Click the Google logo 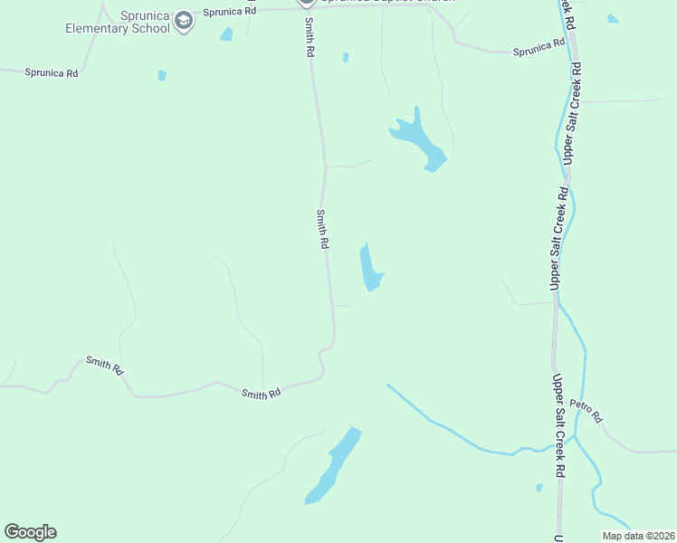pyautogui.click(x=30, y=532)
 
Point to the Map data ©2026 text pyautogui.click(x=637, y=536)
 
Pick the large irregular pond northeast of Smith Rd pyautogui.click(x=419, y=140)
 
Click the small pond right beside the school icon pyautogui.click(x=226, y=34)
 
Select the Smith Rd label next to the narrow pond pyautogui.click(x=321, y=229)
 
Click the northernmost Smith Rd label pyautogui.click(x=309, y=38)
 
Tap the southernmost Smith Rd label pyautogui.click(x=261, y=393)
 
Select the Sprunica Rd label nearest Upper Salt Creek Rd pyautogui.click(x=539, y=51)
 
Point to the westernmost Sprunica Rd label pyautogui.click(x=51, y=72)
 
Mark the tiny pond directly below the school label pyautogui.click(x=162, y=76)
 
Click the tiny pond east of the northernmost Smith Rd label pyautogui.click(x=346, y=57)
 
